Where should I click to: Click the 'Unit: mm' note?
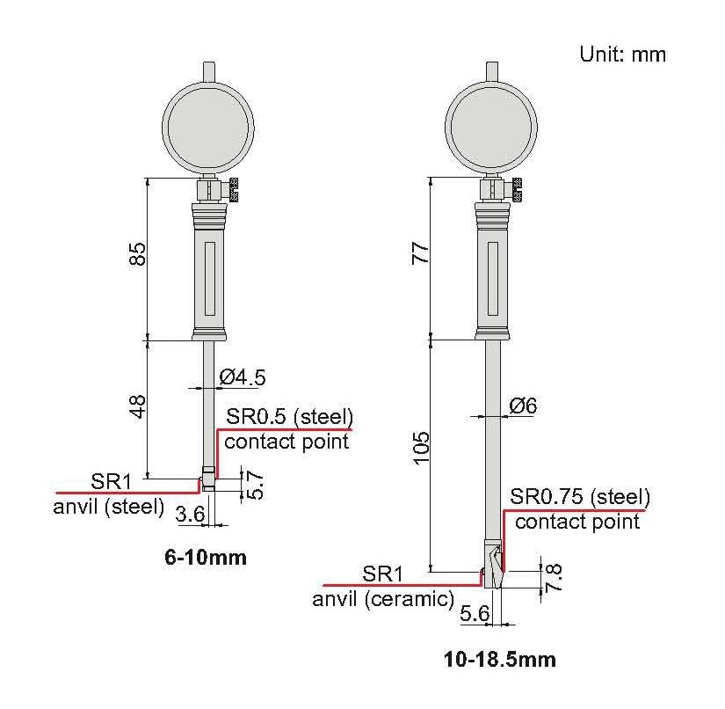(x=623, y=55)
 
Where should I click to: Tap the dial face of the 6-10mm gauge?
(x=208, y=128)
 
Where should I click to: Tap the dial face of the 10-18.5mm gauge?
(x=491, y=128)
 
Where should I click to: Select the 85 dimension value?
(x=137, y=253)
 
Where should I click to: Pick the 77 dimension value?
(x=420, y=252)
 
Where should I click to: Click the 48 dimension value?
(x=137, y=406)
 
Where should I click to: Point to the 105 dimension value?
(x=421, y=448)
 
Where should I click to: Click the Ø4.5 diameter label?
(x=243, y=377)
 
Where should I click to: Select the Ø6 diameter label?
(x=524, y=406)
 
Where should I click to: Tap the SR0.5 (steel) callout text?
(x=289, y=417)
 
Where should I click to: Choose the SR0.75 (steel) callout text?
(x=580, y=497)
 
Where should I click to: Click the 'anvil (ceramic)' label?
(x=383, y=599)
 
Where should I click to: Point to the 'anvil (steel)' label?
(x=109, y=507)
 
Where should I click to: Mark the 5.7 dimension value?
(x=256, y=485)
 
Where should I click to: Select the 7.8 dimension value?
(x=554, y=577)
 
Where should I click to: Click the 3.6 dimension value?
(x=191, y=514)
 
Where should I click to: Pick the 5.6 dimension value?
(x=475, y=614)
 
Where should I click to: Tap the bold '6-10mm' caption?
(x=206, y=557)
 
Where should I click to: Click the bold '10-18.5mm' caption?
(x=500, y=659)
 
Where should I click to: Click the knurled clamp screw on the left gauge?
(x=233, y=190)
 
